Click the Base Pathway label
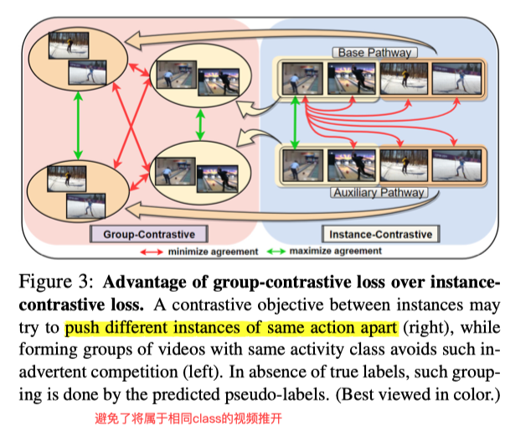coord(374,53)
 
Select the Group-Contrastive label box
coord(149,233)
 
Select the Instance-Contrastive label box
coord(377,234)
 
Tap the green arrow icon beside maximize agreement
coord(281,251)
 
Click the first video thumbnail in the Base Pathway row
coord(301,80)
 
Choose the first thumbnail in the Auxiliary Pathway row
coord(301,164)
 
